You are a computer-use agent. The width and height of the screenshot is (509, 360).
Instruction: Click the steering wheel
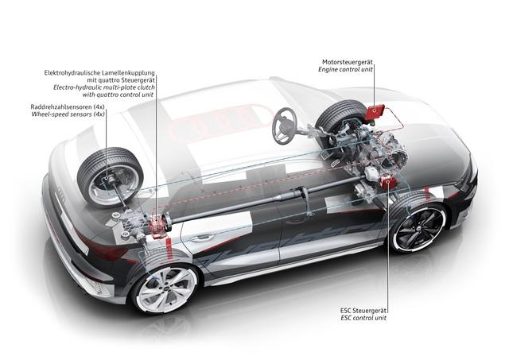coord(285,126)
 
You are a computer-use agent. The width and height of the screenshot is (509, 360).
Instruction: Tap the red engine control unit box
coord(375,112)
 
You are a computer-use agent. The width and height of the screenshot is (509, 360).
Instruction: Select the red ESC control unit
coord(388,182)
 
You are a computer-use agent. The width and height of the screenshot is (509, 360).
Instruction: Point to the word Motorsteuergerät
coord(348,62)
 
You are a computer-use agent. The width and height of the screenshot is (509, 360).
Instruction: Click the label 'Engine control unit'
coord(345,69)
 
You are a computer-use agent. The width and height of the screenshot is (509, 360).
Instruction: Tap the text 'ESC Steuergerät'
coord(363,311)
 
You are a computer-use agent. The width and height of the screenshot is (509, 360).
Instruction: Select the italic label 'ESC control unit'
coord(363,318)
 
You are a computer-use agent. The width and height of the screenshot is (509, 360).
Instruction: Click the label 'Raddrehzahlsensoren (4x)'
coord(68,106)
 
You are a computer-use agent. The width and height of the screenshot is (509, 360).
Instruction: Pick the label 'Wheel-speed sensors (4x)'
coord(68,114)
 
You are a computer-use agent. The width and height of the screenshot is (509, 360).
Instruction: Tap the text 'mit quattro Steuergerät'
coord(121,79)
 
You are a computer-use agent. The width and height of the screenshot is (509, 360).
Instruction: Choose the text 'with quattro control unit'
coord(118,95)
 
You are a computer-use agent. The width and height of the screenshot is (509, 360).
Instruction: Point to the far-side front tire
coord(340,114)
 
